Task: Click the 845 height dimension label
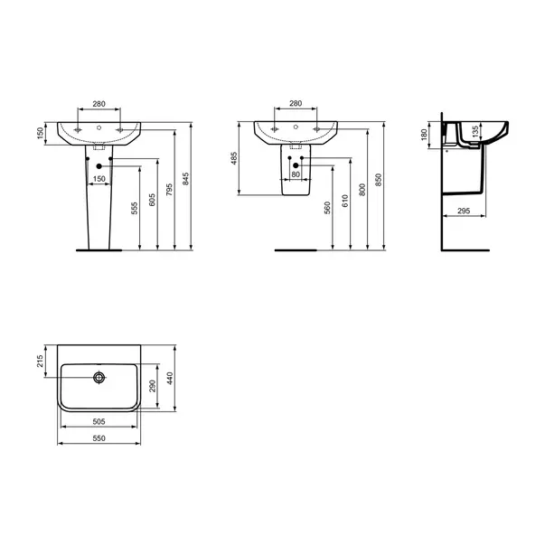186,179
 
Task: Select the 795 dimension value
169,190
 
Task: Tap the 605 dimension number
152,200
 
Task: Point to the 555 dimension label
135,208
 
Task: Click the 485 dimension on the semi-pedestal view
234,158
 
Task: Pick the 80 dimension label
296,174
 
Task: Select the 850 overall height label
379,180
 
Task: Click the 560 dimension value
327,208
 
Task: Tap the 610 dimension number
344,201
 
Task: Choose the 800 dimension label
362,190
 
